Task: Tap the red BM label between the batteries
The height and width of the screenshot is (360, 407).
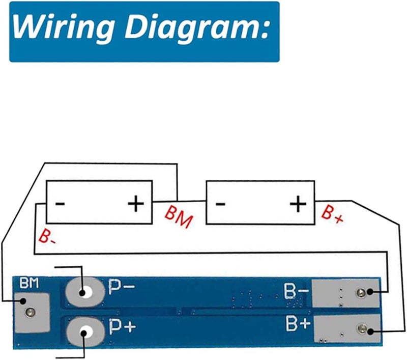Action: click(x=179, y=216)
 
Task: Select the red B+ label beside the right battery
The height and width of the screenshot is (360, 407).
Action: click(x=333, y=214)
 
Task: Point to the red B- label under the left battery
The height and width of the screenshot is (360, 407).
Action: click(x=47, y=236)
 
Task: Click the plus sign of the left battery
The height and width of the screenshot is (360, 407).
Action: click(x=136, y=203)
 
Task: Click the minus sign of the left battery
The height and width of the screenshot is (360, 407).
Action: click(x=60, y=203)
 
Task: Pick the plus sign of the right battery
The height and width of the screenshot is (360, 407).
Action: click(x=298, y=203)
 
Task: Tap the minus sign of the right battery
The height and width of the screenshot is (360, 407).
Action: click(x=220, y=204)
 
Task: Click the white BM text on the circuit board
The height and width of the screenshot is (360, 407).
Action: click(x=30, y=283)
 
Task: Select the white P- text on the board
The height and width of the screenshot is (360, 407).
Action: click(x=122, y=287)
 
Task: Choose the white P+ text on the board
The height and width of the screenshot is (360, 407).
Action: click(x=123, y=327)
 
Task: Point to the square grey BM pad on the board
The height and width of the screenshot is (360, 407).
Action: click(x=32, y=313)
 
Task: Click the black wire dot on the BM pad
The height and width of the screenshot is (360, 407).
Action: click(x=23, y=301)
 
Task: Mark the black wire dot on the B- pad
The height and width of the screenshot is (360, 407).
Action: click(x=369, y=292)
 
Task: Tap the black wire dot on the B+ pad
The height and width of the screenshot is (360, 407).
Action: click(x=370, y=331)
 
